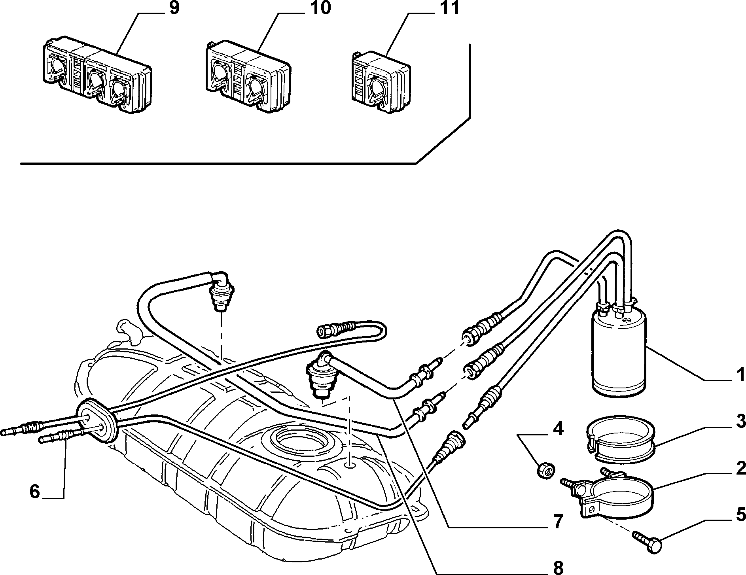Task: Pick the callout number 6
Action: [x=35, y=492]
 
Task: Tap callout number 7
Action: [x=558, y=522]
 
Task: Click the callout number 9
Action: [x=174, y=9]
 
